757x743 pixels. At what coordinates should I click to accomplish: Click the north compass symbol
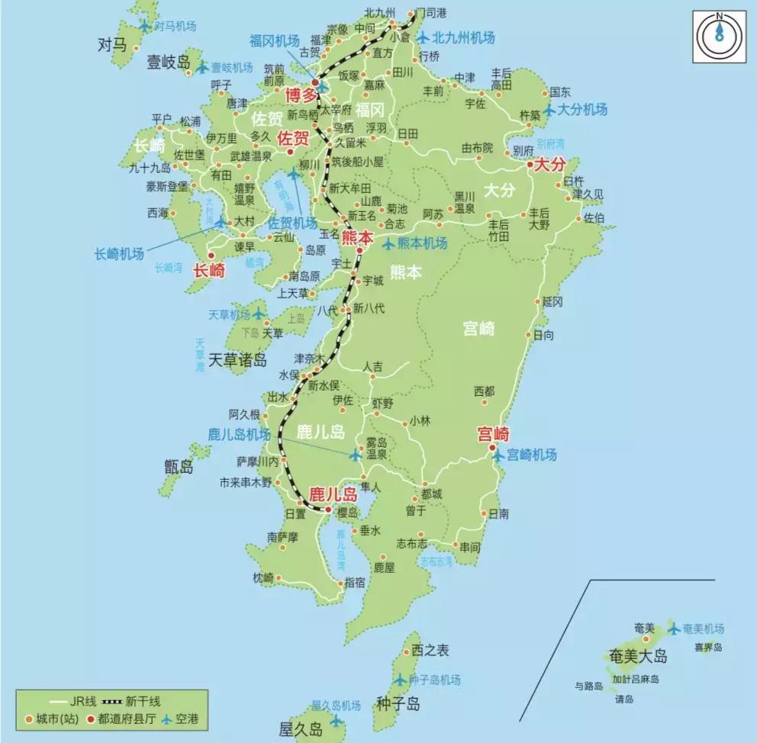pos(718,36)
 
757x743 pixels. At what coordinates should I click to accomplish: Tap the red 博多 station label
pos(300,95)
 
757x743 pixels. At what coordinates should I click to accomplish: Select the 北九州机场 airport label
pos(463,37)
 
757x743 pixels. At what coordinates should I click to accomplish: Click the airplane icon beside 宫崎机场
pos(498,455)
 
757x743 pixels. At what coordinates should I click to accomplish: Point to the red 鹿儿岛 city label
pos(333,494)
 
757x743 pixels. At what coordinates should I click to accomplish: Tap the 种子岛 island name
pos(398,703)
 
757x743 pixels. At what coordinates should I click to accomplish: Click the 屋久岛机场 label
pos(336,704)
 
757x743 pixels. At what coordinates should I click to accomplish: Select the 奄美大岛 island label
pos(639,656)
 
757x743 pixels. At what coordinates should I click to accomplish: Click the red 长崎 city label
pos(209,269)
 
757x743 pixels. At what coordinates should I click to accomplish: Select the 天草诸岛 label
pos(237,359)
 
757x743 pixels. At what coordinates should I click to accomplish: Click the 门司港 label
pos(430,13)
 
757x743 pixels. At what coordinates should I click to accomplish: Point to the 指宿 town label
pos(355,582)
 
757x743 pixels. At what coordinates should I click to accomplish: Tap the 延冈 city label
pos(552,302)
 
